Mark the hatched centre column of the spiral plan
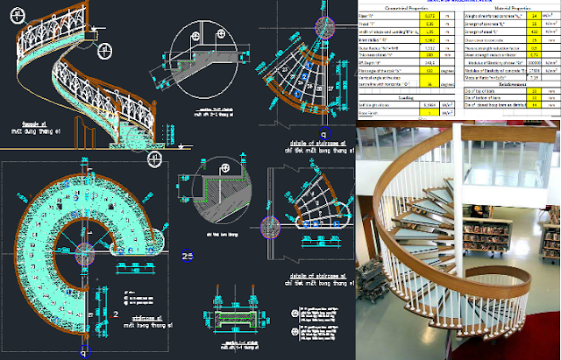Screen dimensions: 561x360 pos(84,250)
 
